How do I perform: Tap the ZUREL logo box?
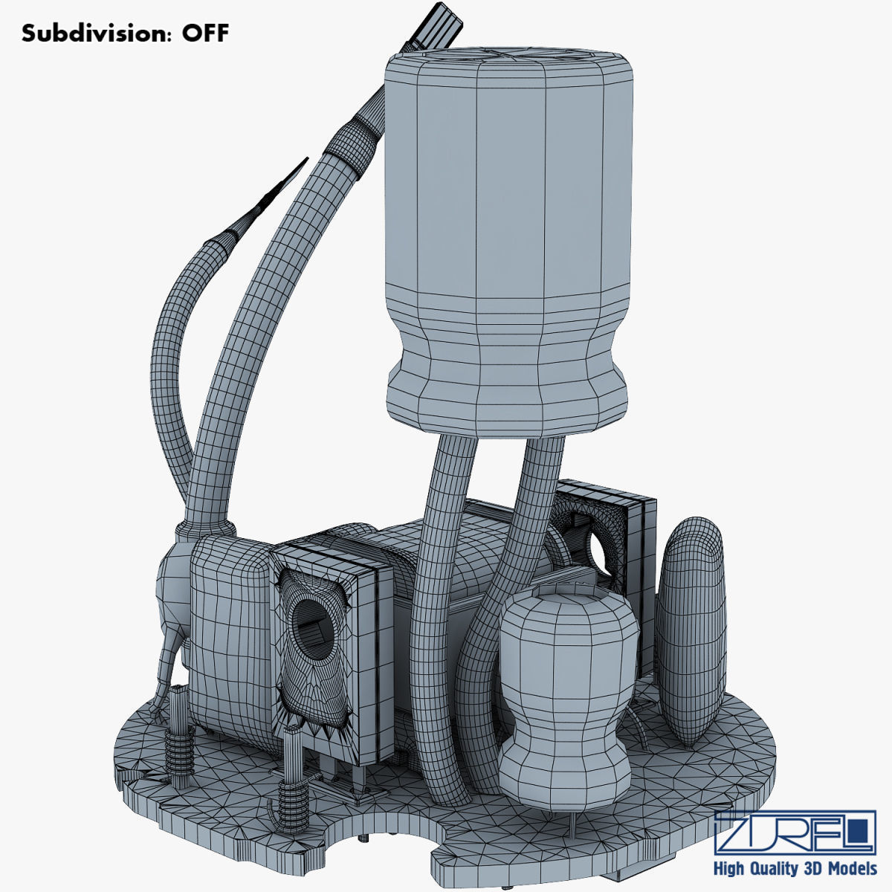[794, 833]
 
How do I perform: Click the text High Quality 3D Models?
[794, 869]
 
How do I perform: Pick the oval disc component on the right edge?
[691, 632]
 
